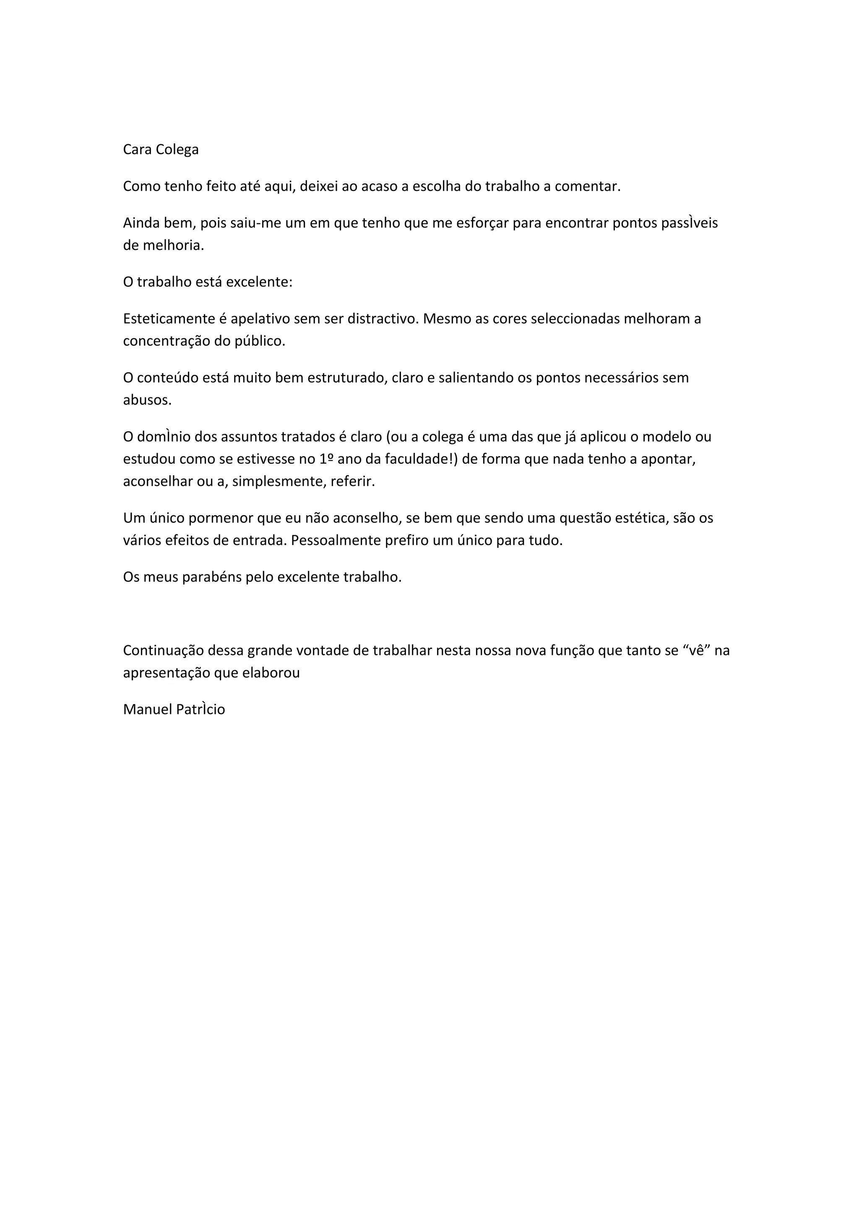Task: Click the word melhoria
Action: (x=173, y=246)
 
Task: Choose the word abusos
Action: (x=147, y=400)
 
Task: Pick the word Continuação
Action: (x=164, y=650)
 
